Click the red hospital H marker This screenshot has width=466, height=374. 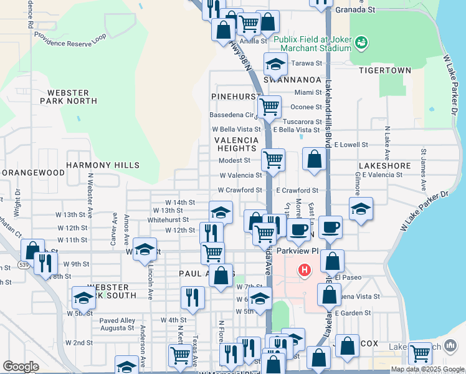(305, 271)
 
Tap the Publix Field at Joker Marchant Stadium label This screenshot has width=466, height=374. (313, 43)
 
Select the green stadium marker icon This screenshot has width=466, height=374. (361, 42)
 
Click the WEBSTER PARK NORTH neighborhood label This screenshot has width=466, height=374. (69, 96)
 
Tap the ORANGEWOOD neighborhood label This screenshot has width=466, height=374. (33, 172)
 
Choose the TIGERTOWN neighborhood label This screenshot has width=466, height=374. (385, 70)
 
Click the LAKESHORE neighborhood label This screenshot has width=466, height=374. (384, 166)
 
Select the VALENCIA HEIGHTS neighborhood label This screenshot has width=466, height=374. (237, 144)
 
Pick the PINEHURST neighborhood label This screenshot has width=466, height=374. (235, 97)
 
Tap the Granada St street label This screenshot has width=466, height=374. (355, 11)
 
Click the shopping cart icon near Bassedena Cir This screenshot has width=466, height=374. (269, 107)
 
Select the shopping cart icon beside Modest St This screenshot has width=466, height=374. (273, 160)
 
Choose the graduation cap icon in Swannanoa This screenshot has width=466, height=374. (275, 64)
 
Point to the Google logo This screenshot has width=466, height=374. (21, 367)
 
